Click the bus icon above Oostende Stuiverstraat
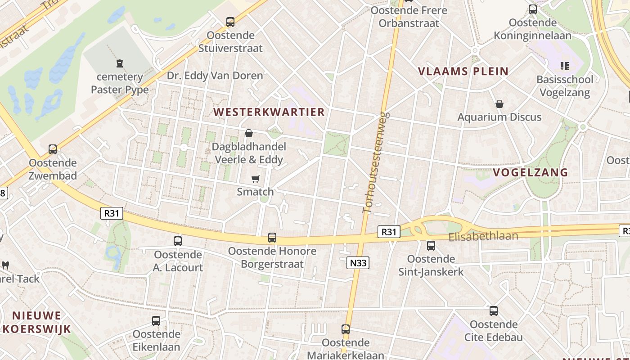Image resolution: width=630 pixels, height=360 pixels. pyautogui.click(x=230, y=22)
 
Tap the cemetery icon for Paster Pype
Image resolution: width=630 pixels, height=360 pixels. pyautogui.click(x=120, y=64)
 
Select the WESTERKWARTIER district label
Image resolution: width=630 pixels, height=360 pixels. pyautogui.click(x=269, y=112)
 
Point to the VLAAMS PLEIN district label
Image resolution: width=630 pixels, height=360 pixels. pyautogui.click(x=463, y=71)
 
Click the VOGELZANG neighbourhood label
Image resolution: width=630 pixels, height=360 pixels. pyautogui.click(x=530, y=172)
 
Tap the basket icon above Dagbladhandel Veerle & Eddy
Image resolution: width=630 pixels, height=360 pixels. pyautogui.click(x=248, y=133)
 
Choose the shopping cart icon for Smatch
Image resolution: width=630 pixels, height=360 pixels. pyautogui.click(x=256, y=179)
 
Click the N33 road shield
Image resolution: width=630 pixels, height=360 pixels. pyautogui.click(x=358, y=263)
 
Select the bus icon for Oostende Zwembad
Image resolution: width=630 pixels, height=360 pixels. pyautogui.click(x=53, y=149)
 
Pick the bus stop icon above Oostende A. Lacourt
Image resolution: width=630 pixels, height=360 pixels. pyautogui.click(x=178, y=241)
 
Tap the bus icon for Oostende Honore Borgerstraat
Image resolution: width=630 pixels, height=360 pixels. pyautogui.click(x=272, y=238)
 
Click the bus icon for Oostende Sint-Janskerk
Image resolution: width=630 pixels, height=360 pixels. pyautogui.click(x=431, y=246)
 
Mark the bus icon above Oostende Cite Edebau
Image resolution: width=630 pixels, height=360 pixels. pyautogui.click(x=494, y=311)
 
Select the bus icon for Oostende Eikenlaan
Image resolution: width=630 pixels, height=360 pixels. pyautogui.click(x=156, y=321)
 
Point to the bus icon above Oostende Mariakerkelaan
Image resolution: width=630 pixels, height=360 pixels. pyautogui.click(x=345, y=329)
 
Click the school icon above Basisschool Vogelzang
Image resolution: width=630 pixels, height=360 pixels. pyautogui.click(x=565, y=66)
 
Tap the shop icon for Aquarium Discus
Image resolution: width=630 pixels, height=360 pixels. pyautogui.click(x=499, y=104)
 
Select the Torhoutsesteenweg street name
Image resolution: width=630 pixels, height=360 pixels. pyautogui.click(x=375, y=162)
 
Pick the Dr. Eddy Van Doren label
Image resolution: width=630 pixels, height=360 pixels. pyautogui.click(x=215, y=76)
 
